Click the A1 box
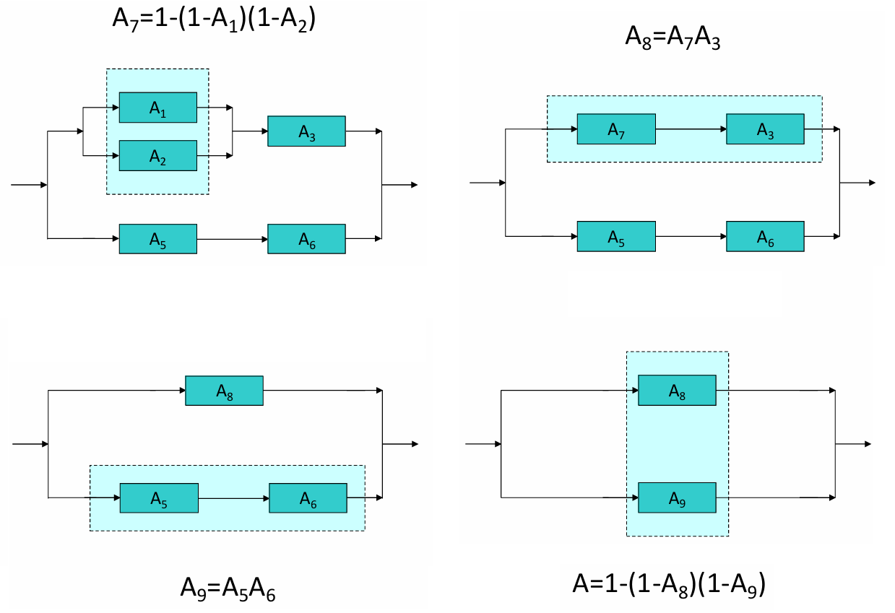click(x=157, y=108)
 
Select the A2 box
click(x=157, y=155)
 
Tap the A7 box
click(x=616, y=129)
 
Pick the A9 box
click(x=677, y=497)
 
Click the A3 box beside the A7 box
click(x=765, y=129)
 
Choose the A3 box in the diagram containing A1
click(x=306, y=131)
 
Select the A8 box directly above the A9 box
click(x=677, y=390)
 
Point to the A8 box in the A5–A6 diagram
click(x=224, y=391)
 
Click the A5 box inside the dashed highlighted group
click(x=159, y=498)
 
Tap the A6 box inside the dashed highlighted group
click(x=308, y=498)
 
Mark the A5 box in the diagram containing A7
click(x=616, y=236)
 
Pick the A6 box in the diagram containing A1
click(x=306, y=239)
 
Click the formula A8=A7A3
click(x=673, y=36)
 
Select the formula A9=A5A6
click(x=228, y=589)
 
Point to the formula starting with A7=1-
click(x=214, y=18)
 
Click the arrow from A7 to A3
click(x=691, y=129)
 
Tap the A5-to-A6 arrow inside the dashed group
click(x=233, y=498)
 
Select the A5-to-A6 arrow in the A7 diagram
click(x=691, y=236)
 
